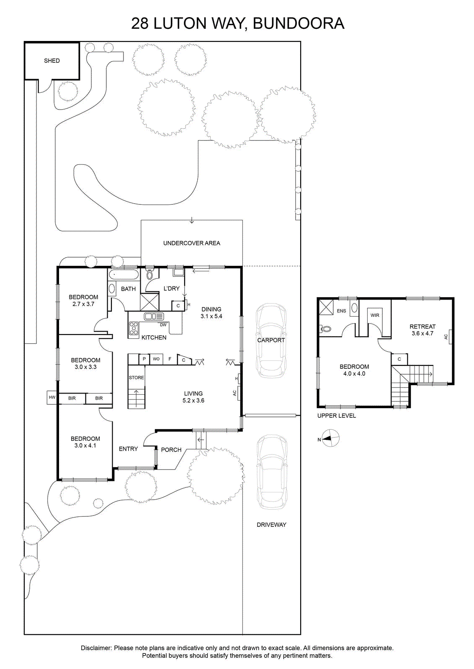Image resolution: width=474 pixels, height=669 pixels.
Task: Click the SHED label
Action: point(52,61)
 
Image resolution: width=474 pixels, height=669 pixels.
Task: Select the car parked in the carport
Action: point(270,340)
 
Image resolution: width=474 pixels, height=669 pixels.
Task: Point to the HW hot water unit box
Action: point(52,398)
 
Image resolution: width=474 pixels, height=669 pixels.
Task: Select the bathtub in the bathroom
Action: point(124,274)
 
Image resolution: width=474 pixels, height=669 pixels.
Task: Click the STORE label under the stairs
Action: point(137,378)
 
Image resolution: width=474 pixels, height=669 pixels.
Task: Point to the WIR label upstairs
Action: point(375,315)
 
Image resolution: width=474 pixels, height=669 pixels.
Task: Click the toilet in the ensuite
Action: point(326,329)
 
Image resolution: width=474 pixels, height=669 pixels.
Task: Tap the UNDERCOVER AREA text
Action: point(192,243)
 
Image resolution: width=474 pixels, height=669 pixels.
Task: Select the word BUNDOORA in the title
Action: point(299,23)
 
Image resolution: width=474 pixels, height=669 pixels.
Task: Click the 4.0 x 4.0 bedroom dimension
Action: point(354,374)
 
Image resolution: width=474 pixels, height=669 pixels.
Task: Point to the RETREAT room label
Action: point(422,327)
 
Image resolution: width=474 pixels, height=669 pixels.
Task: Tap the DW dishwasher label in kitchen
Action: point(163,324)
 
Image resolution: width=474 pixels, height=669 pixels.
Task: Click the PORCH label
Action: point(171,450)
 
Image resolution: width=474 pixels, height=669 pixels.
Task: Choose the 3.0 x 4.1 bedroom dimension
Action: point(85,446)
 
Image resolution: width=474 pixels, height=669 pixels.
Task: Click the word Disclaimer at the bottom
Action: point(96,648)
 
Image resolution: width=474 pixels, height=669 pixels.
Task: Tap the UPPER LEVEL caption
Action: point(336,416)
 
